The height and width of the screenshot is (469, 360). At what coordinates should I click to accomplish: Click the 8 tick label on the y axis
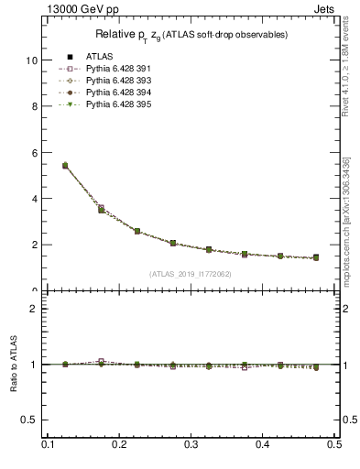coord(34,106)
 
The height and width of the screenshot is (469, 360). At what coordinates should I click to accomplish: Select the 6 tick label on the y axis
coord(34,153)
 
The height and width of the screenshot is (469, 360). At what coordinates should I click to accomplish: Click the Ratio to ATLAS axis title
coord(13,366)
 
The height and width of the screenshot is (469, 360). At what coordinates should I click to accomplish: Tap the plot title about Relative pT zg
coord(191,35)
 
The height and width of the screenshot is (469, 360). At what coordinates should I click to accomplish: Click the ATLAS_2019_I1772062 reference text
coord(191,274)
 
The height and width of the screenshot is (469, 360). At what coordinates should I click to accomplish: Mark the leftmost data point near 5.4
coord(65,166)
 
